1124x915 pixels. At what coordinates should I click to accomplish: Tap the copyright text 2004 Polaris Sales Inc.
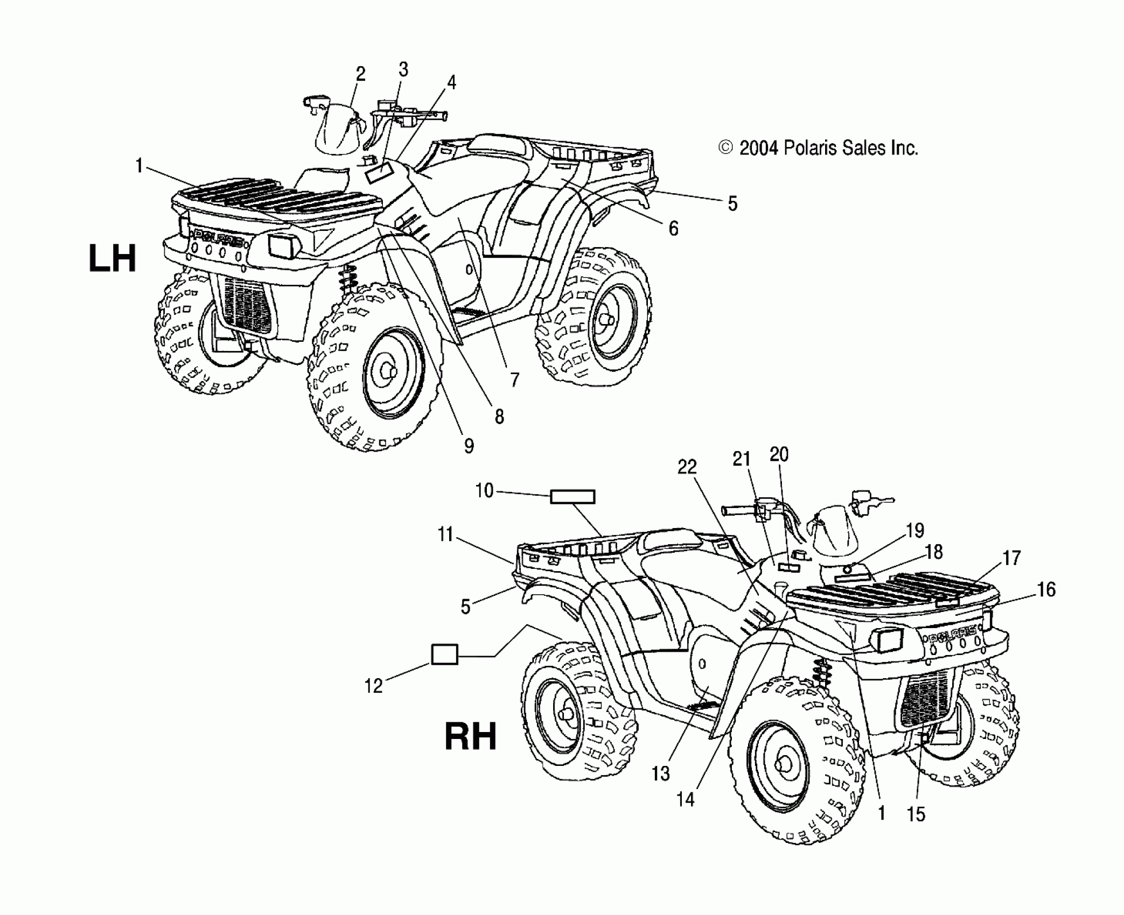(x=818, y=147)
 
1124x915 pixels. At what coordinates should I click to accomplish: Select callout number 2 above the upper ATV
(x=360, y=74)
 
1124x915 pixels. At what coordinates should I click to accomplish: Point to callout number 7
(x=515, y=380)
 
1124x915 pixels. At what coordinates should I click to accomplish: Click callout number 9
(x=469, y=446)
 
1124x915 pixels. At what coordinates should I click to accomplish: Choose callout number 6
(x=673, y=229)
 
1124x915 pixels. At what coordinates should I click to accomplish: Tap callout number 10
(x=484, y=490)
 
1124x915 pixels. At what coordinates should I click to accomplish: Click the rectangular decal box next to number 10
(x=572, y=496)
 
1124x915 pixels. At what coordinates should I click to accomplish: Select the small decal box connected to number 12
(x=444, y=655)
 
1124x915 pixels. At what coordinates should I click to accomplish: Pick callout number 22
(x=687, y=467)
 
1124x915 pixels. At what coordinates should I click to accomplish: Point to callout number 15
(x=916, y=814)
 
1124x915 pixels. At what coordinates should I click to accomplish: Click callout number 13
(x=660, y=773)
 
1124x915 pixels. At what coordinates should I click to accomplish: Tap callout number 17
(x=1011, y=558)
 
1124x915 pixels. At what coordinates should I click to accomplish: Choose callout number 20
(x=779, y=455)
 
